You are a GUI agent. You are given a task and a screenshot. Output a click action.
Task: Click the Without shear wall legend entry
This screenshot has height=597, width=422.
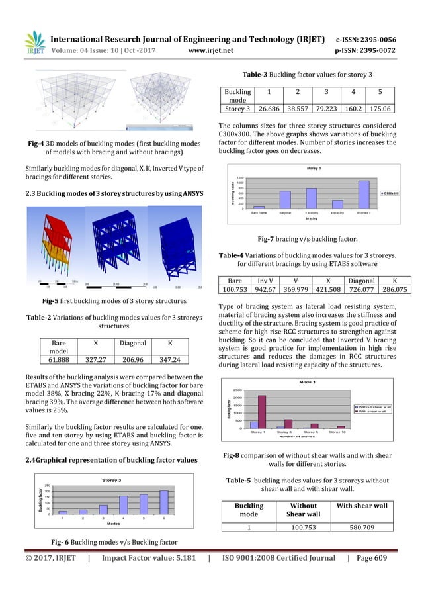coord(374,406)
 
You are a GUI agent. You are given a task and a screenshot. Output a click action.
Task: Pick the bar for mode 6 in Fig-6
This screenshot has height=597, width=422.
coord(163,502)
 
